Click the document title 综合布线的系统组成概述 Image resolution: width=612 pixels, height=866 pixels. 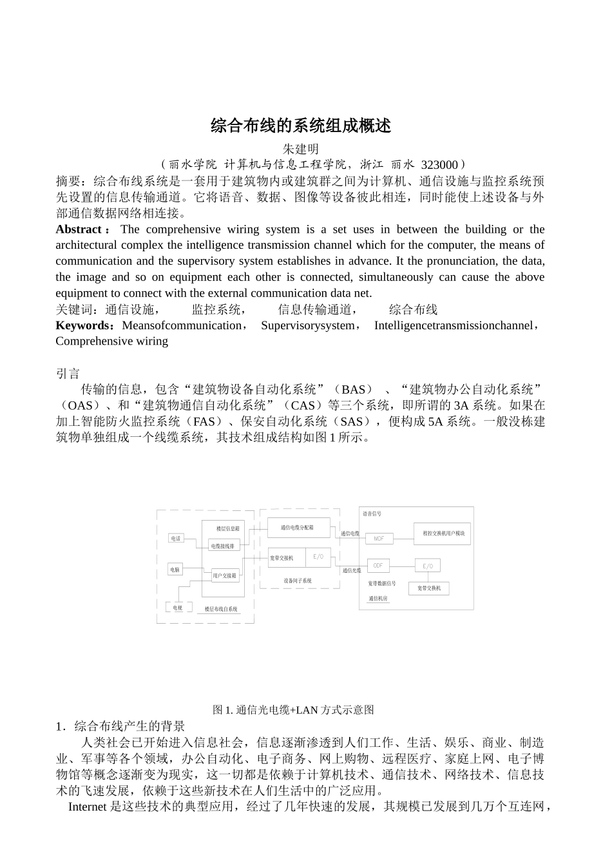(301, 126)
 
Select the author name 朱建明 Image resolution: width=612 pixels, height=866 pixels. (301, 149)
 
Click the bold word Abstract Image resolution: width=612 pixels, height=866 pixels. (79, 229)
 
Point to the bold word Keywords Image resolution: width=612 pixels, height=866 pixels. (83, 325)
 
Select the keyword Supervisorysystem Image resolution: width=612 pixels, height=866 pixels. (308, 325)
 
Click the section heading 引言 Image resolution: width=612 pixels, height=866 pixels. (68, 374)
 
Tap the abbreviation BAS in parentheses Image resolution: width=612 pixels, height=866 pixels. (353, 390)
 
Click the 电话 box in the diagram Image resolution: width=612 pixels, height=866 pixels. (176, 538)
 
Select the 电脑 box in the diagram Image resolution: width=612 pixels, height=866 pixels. (175, 570)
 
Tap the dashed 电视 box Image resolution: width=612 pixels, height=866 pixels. (178, 608)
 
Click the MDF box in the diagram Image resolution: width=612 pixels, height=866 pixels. (379, 539)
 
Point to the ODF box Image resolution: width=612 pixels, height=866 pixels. (378, 566)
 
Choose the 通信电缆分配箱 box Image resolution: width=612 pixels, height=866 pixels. (298, 528)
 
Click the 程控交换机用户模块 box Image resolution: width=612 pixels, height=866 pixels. (443, 534)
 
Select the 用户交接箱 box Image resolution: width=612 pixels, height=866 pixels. (225, 575)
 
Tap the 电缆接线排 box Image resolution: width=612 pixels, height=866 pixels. (224, 546)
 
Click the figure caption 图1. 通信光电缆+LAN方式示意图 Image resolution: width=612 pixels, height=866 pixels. (293, 709)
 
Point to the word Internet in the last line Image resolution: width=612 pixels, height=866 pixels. (87, 807)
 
